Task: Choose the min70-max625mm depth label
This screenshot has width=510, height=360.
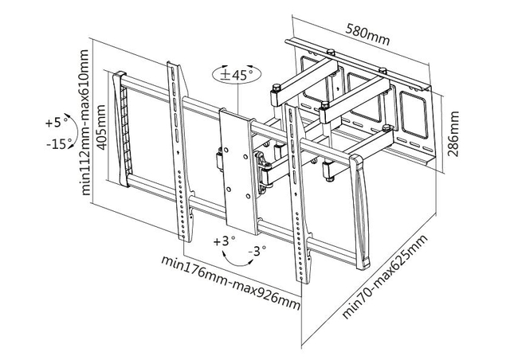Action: point(386,276)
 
